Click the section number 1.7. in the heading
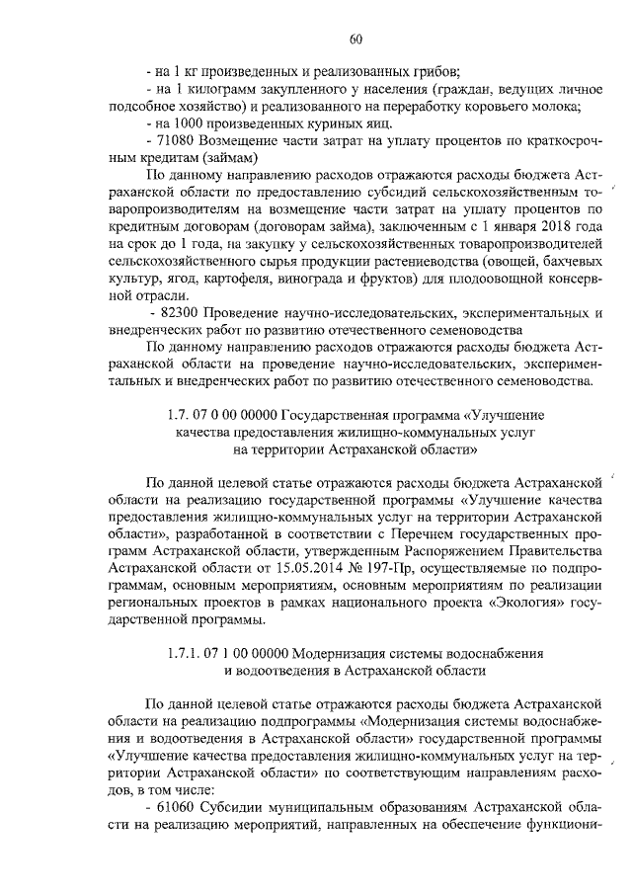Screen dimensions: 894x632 pos(181,416)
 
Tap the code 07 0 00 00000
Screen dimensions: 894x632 pos(237,416)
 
